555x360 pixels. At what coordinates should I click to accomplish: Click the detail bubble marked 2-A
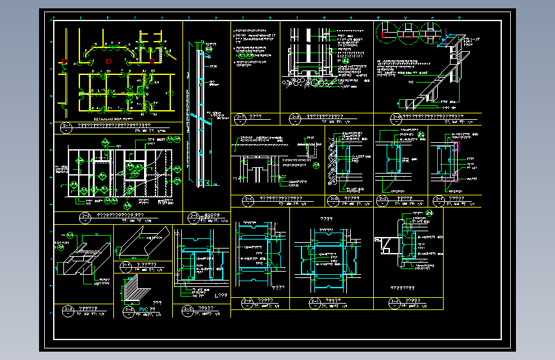click(241, 117)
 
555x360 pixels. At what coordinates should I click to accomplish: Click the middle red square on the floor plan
click(109, 61)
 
